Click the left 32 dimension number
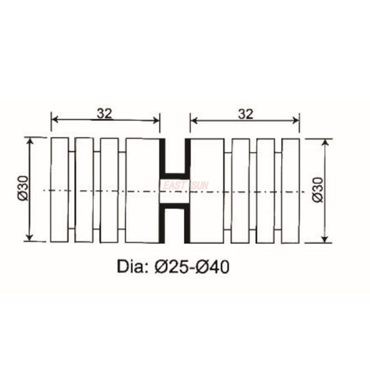tap(105, 113)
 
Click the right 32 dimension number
tap(246, 113)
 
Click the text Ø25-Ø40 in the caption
tap(193, 267)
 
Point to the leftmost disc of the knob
tap(60, 190)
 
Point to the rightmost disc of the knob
tap(290, 190)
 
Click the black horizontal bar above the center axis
tap(175, 176)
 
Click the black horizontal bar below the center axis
tap(175, 205)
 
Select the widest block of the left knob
tap(142, 190)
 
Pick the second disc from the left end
tap(84, 190)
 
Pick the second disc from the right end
tap(265, 190)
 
